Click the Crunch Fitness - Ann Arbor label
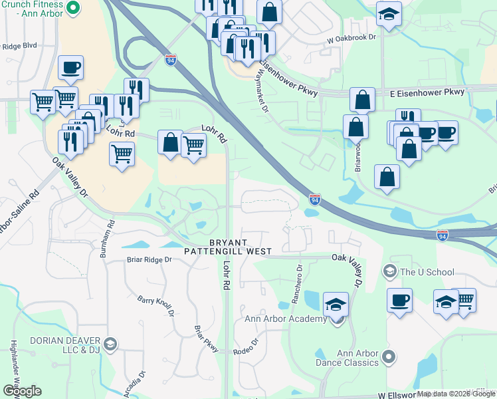pyautogui.click(x=33, y=8)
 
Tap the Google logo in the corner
pyautogui.click(x=21, y=390)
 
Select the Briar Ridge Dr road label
pyautogui.click(x=149, y=260)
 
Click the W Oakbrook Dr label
pyautogui.click(x=351, y=40)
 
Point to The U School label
pyautogui.click(x=427, y=271)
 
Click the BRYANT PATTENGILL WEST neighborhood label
pyautogui.click(x=230, y=247)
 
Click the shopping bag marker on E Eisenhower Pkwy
pyautogui.click(x=362, y=100)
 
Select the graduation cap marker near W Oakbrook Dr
pyautogui.click(x=388, y=15)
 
